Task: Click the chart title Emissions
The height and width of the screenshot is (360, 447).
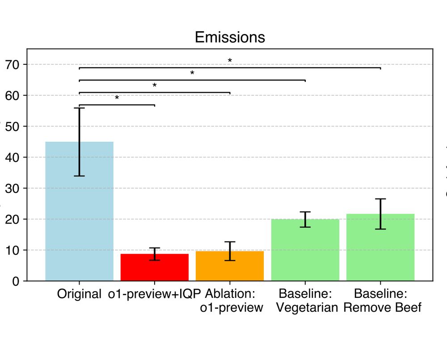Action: click(x=230, y=37)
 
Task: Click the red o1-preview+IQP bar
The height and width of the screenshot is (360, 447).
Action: click(x=154, y=268)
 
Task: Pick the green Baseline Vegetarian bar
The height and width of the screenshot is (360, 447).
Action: click(x=305, y=250)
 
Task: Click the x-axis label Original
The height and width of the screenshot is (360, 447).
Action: click(x=79, y=295)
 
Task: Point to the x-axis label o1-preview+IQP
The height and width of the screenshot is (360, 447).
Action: click(x=154, y=295)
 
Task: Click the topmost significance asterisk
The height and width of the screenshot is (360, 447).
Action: click(x=230, y=61)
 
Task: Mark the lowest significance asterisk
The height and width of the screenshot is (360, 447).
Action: click(x=117, y=98)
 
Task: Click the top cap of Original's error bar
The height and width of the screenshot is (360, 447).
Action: click(x=79, y=108)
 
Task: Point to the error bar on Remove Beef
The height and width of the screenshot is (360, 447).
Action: click(x=380, y=214)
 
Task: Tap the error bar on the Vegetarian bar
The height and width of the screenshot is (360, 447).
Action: click(x=305, y=219)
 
